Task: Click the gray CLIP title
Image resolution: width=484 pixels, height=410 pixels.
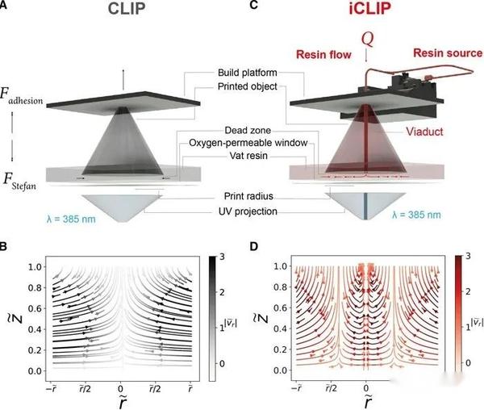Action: (123, 13)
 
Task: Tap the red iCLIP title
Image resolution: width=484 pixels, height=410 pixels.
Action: (361, 13)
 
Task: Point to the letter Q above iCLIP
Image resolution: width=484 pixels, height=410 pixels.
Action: (367, 39)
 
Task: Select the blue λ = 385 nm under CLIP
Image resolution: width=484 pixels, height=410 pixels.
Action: (54, 215)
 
